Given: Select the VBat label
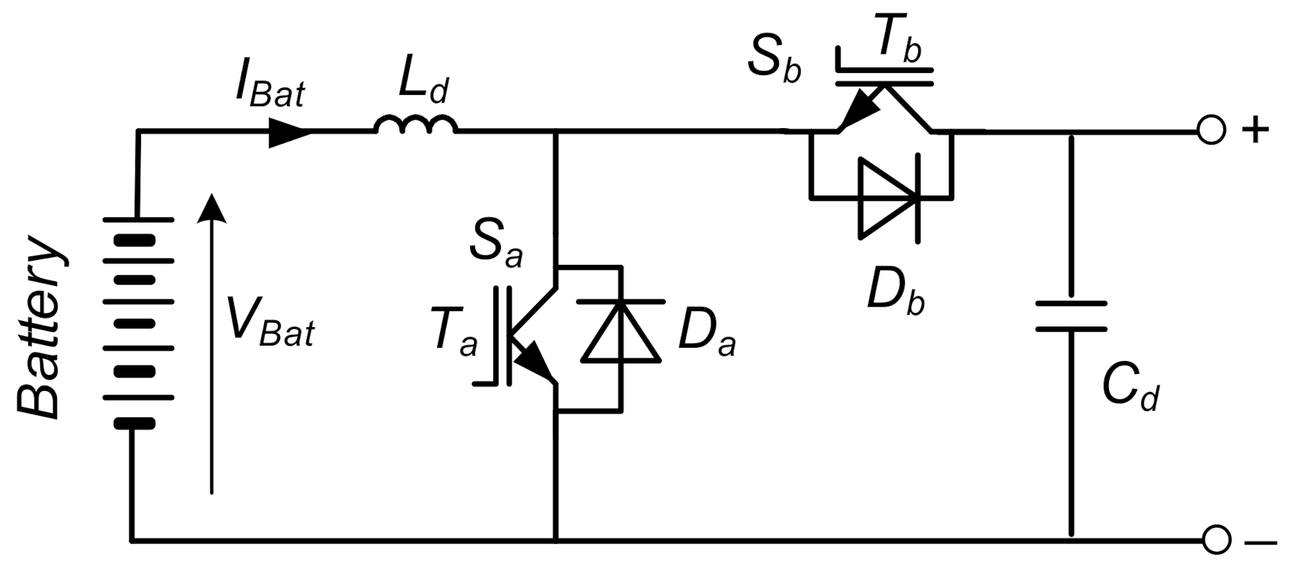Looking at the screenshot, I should pyautogui.click(x=270, y=322).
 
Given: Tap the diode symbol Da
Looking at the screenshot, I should pyautogui.click(x=621, y=331).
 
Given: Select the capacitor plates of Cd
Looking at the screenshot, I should pyautogui.click(x=1071, y=316).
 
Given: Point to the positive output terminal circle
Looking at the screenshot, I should pyautogui.click(x=1210, y=131).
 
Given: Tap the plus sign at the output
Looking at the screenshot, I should pyautogui.click(x=1254, y=131).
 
